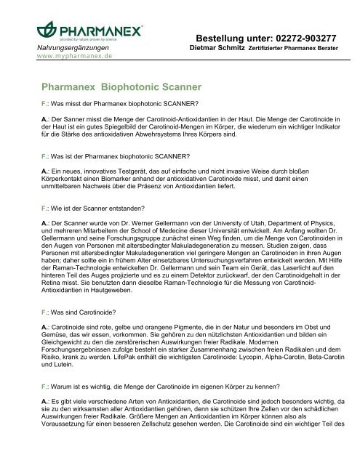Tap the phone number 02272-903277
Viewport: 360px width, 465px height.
click(308, 38)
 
